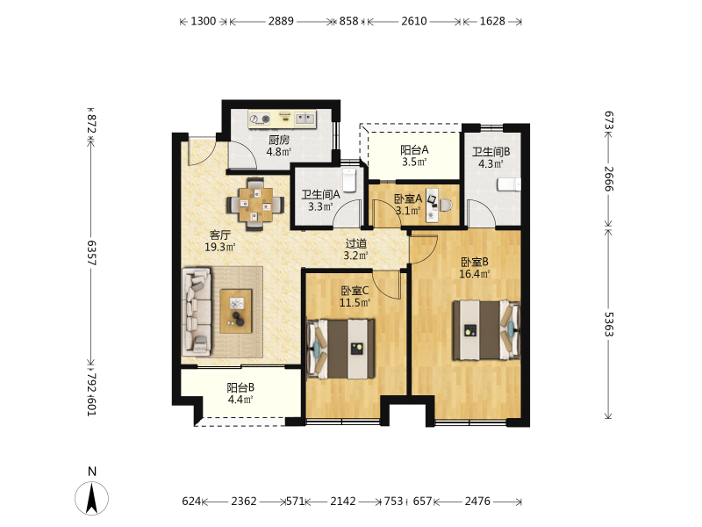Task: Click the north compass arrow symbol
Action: (x=92, y=498)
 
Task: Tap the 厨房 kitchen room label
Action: (x=279, y=140)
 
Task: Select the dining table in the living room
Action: (x=255, y=205)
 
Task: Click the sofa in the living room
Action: (x=197, y=312)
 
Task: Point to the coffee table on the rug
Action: (x=236, y=311)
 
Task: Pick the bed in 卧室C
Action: (x=340, y=349)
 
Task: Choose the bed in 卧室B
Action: (x=487, y=330)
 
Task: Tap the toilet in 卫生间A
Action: (x=349, y=180)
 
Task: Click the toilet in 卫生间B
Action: (x=510, y=184)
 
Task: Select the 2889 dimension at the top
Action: (x=281, y=21)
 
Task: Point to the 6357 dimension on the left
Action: (x=91, y=253)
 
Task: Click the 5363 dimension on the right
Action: (x=609, y=324)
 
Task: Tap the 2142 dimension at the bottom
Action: (x=343, y=501)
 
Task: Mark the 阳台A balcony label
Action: (x=414, y=149)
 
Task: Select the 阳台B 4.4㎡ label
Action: (x=240, y=393)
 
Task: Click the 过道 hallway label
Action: (x=356, y=243)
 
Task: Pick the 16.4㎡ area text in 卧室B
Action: (x=475, y=273)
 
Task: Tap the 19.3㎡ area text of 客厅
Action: (x=220, y=247)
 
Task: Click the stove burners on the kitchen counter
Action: (x=260, y=119)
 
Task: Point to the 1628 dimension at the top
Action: (x=492, y=21)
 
